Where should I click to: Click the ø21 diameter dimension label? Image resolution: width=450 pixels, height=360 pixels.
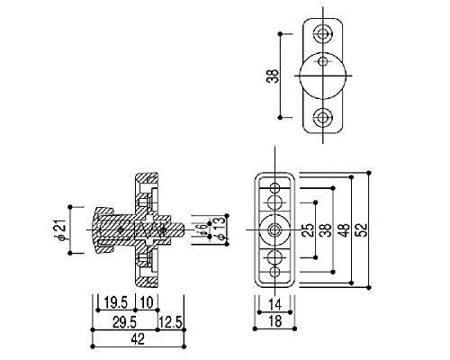tap(61, 229)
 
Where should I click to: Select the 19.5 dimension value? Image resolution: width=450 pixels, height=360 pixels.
tap(116, 302)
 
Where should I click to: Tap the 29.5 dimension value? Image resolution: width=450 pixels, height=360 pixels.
tap(124, 322)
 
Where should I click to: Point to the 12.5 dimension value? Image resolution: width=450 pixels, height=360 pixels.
tap(171, 322)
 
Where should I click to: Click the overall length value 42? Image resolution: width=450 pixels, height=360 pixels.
tap(138, 339)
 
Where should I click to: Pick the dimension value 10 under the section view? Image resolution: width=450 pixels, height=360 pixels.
tap(147, 302)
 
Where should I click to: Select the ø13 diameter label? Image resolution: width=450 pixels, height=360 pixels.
tap(220, 228)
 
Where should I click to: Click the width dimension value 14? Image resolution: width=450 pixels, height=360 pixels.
tap(274, 305)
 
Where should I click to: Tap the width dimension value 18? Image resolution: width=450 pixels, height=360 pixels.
tap(274, 321)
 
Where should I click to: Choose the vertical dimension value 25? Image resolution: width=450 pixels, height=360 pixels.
tap(308, 229)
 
